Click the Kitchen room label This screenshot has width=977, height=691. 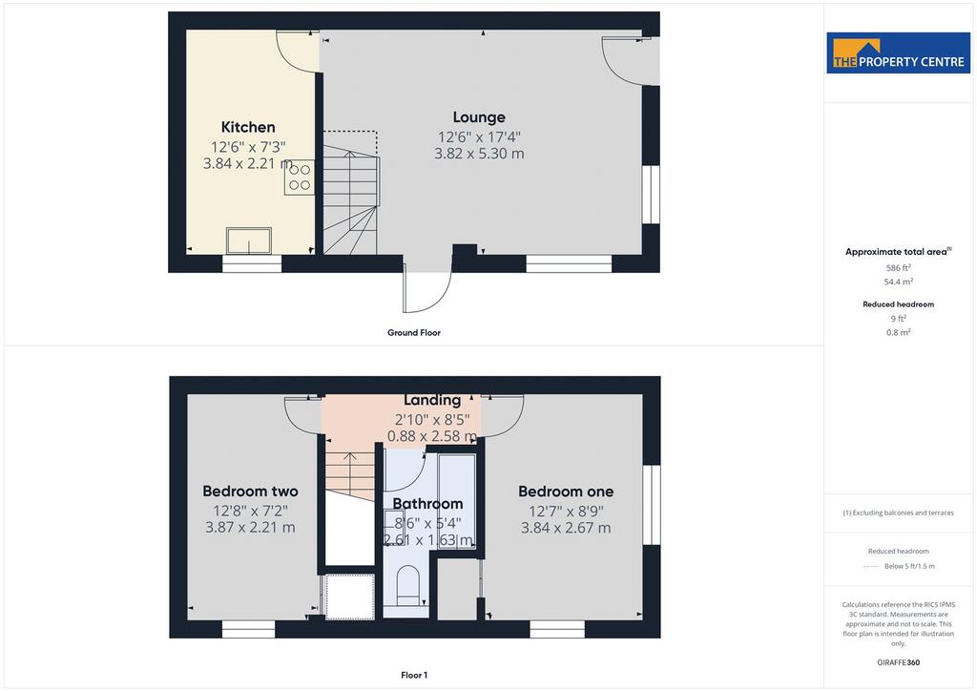point(248,127)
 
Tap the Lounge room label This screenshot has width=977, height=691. point(479,117)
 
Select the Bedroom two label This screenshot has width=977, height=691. point(251,491)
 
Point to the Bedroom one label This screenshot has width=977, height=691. point(566,492)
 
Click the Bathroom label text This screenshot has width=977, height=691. point(427,503)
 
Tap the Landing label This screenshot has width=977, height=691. point(432,400)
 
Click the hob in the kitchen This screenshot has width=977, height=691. point(300,178)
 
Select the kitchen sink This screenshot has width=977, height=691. point(249,241)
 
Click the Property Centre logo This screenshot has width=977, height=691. point(899,52)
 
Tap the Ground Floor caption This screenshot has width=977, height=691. point(414,333)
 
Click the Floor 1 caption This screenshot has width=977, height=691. point(414,675)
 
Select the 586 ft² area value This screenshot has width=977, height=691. point(899,268)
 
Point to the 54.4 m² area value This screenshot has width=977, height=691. point(899,282)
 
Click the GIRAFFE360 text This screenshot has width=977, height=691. point(899,662)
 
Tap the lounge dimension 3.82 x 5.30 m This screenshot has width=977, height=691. point(479,154)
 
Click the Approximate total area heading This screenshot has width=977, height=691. point(898,252)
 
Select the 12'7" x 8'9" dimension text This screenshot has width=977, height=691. point(566,511)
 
